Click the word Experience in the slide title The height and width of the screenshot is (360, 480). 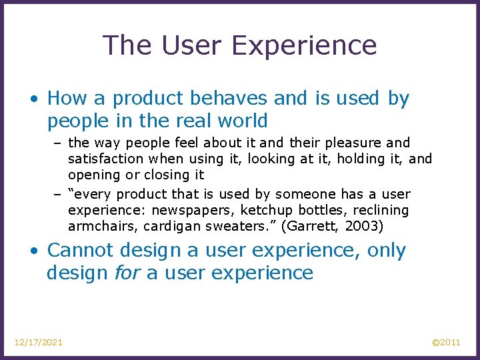pos(305,46)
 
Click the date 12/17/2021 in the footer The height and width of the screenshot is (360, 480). pos(39,342)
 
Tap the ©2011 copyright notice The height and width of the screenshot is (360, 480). pos(446,342)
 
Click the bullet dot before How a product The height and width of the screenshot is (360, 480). pos(34,99)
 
